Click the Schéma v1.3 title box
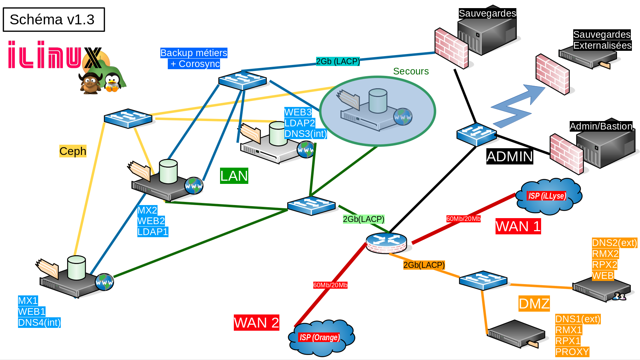point(54,19)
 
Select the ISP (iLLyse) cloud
point(548,196)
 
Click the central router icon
point(386,243)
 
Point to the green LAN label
point(234,176)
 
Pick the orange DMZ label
point(534,304)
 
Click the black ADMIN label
point(509,156)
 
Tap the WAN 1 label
point(518,226)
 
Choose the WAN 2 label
point(256,323)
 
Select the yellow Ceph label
point(73,151)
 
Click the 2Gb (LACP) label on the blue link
point(338,61)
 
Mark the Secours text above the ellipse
point(411,71)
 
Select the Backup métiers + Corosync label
point(194,58)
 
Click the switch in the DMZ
point(483,280)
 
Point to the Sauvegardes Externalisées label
point(602,40)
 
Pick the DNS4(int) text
point(39,323)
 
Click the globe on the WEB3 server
point(306,150)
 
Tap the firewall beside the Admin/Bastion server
point(566,154)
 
